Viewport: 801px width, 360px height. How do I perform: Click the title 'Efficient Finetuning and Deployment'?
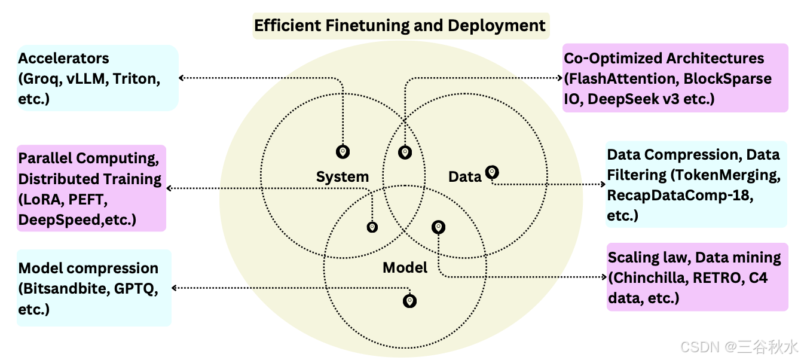[400, 26]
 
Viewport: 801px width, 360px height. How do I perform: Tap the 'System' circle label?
[343, 176]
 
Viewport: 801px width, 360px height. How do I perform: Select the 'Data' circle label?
[464, 176]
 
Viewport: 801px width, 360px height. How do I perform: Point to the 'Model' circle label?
[405, 267]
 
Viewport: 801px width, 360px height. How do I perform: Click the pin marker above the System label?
[343, 152]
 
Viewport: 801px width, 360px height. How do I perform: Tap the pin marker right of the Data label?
[492, 172]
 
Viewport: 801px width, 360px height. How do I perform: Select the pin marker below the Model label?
[409, 300]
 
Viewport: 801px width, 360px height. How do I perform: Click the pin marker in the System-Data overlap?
[405, 152]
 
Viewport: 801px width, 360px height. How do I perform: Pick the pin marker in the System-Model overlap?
[372, 227]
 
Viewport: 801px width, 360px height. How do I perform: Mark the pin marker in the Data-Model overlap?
[439, 227]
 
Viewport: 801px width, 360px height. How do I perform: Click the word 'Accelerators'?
[63, 59]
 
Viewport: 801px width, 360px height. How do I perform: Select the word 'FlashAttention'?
[621, 78]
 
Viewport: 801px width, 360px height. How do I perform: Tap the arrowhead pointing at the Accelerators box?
[182, 77]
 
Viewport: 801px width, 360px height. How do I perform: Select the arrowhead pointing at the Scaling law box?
[604, 277]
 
